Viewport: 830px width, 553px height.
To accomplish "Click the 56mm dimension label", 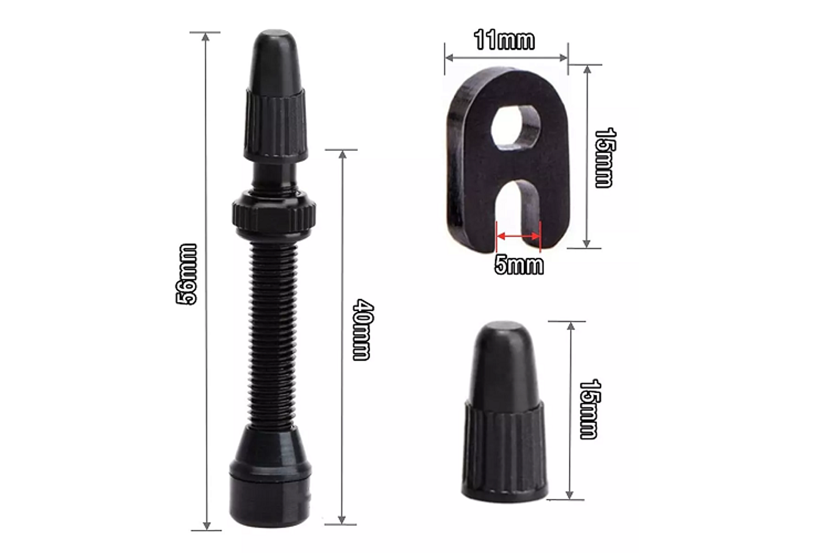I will pyautogui.click(x=186, y=274).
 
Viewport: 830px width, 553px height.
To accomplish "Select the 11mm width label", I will pyautogui.click(x=504, y=40).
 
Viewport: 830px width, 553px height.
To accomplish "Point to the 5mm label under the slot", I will pyautogui.click(x=519, y=264).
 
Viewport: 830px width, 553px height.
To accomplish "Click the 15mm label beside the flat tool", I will pyautogui.click(x=605, y=157).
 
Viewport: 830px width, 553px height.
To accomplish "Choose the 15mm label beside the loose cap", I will pyautogui.click(x=589, y=409).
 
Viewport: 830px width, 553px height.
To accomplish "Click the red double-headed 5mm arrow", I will pyautogui.click(x=518, y=236).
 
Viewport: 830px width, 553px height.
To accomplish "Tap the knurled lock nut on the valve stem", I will pyautogui.click(x=275, y=214).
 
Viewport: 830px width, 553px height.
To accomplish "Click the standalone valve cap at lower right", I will pyautogui.click(x=504, y=415).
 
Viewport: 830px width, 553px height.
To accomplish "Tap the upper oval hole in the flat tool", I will pyautogui.click(x=517, y=125).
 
